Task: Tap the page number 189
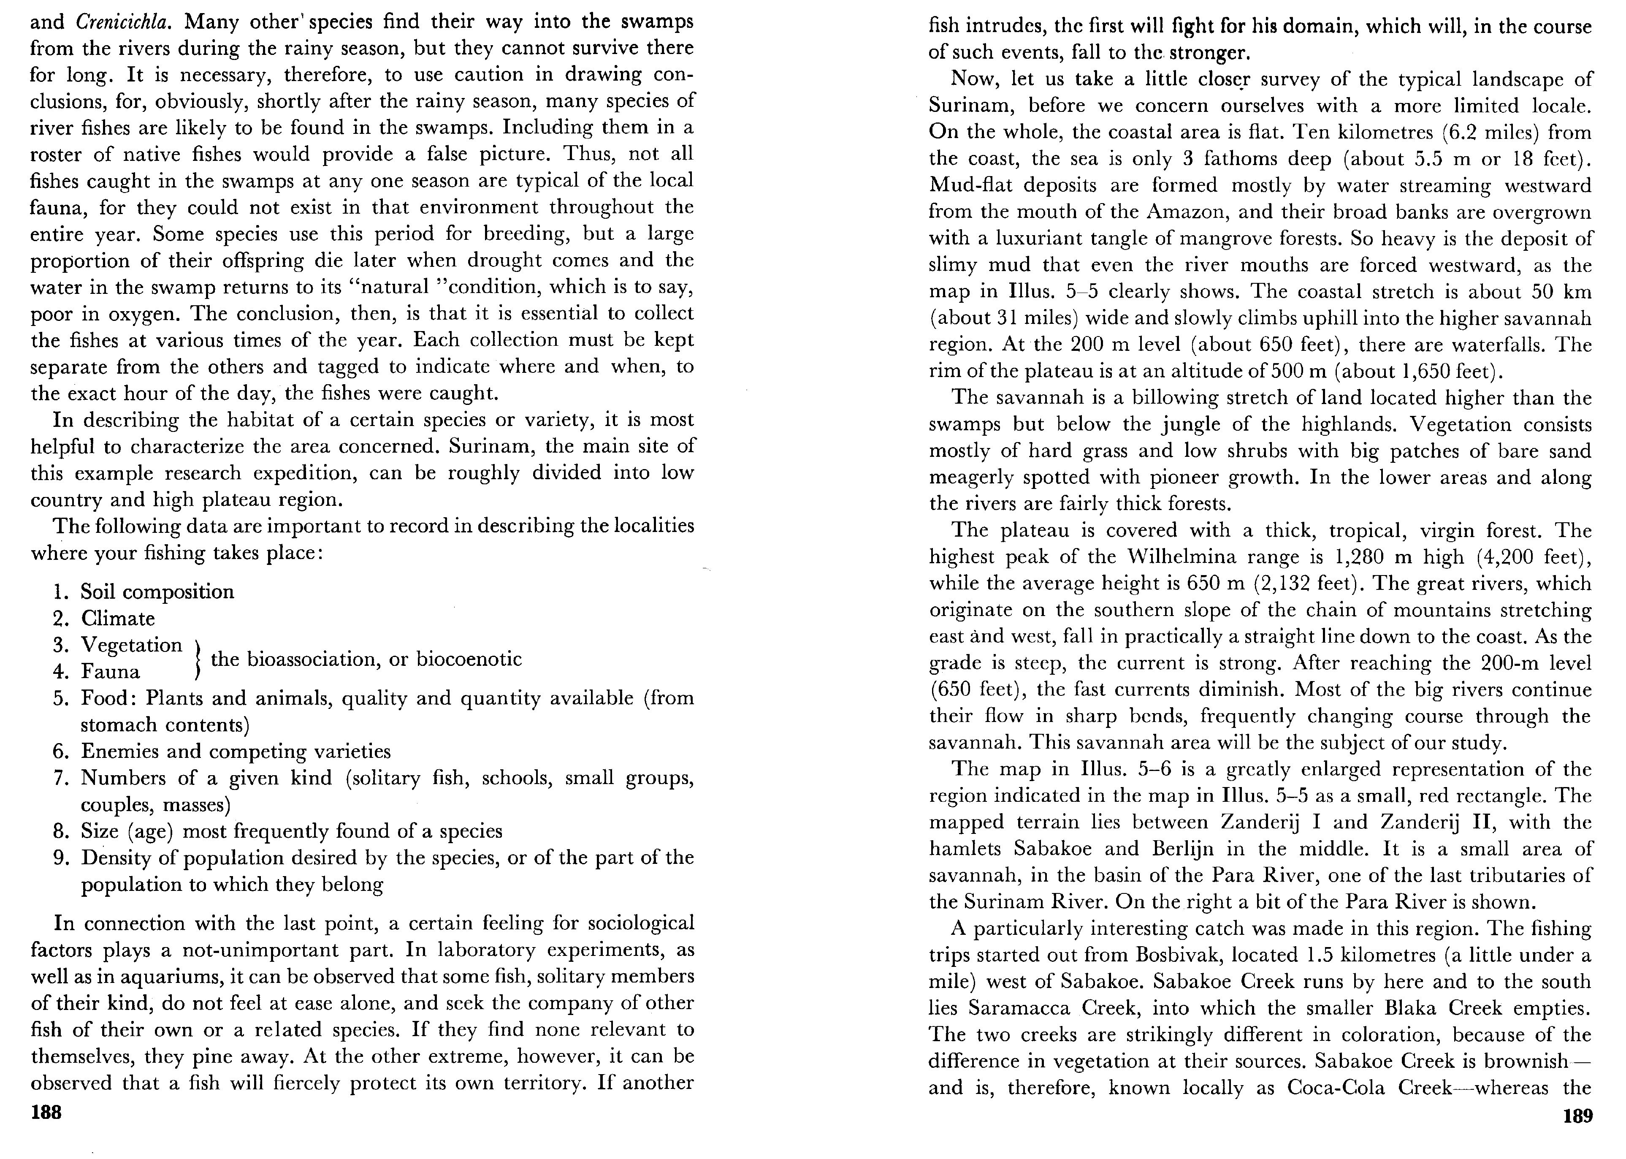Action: coord(1577,1116)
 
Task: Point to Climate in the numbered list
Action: coord(118,618)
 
